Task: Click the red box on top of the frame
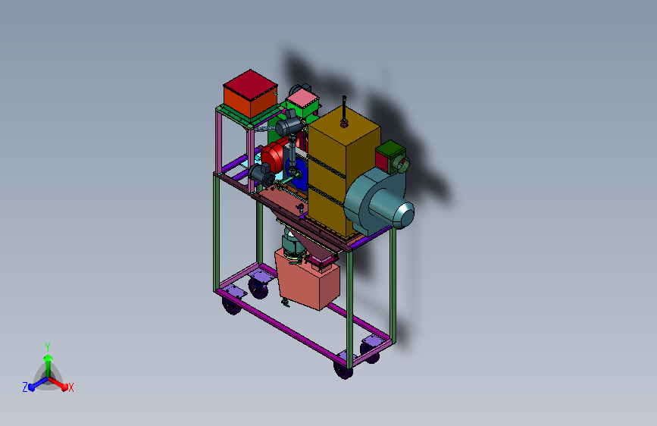point(250,94)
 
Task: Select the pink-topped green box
point(302,105)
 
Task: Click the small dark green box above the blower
point(390,156)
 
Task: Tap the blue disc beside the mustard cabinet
point(298,175)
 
